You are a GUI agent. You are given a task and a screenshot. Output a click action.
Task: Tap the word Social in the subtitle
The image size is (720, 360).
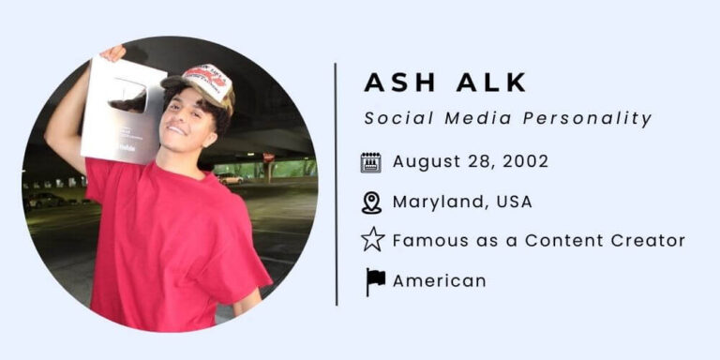[x=392, y=118]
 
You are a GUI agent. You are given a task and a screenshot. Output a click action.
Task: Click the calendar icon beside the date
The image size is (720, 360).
[x=371, y=162]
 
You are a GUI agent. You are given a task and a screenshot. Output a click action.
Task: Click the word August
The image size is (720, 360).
[x=425, y=161]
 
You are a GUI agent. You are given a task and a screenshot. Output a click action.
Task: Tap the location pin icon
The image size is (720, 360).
[x=372, y=202]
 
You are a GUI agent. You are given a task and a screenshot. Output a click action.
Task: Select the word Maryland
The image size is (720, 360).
[x=435, y=202]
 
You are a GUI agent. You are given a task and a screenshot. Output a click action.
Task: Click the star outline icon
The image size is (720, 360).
[x=372, y=241]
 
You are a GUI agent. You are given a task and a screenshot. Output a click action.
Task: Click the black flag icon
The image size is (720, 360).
[x=374, y=280]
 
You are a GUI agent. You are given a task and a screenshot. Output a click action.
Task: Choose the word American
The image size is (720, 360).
[x=439, y=280]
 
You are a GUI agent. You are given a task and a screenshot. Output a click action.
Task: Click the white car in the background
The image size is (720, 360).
[x=230, y=178]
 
